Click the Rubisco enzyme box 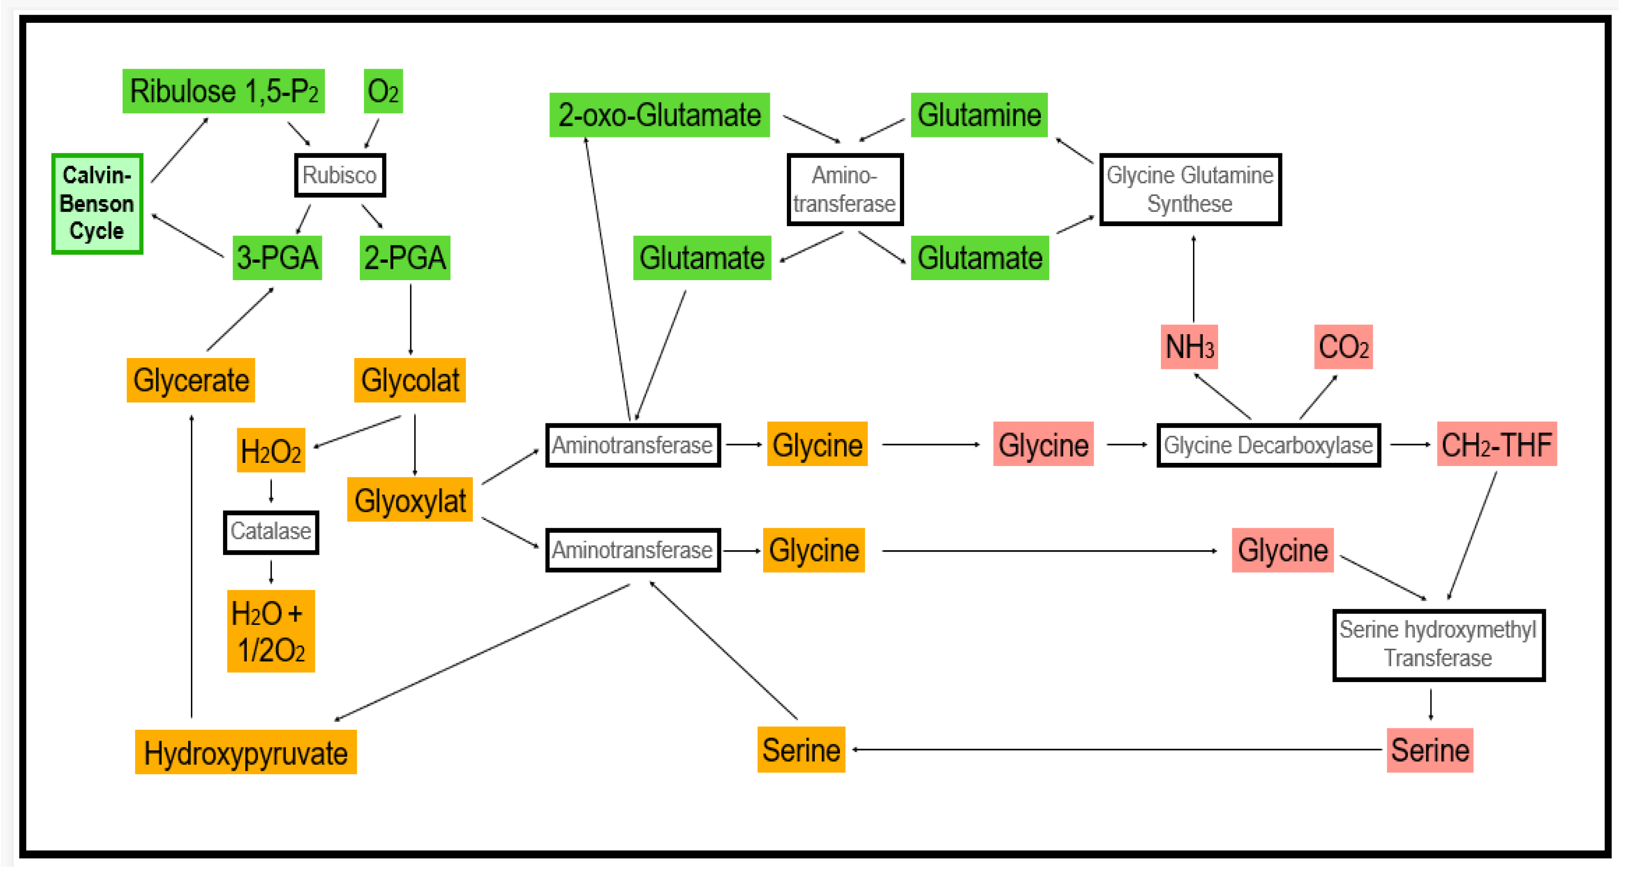coord(340,175)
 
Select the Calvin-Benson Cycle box coord(97,203)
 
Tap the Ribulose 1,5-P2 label coord(223,91)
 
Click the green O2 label coord(383,91)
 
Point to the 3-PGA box coord(277,258)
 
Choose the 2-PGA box coord(405,258)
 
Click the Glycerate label coord(190,380)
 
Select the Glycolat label coord(410,380)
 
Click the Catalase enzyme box coord(271,531)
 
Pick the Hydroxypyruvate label coord(245,753)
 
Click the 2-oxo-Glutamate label coord(659,115)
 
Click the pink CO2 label coord(1343,347)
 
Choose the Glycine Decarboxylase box coord(1268,445)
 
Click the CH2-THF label coord(1496,445)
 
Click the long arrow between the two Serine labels coord(1117,750)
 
